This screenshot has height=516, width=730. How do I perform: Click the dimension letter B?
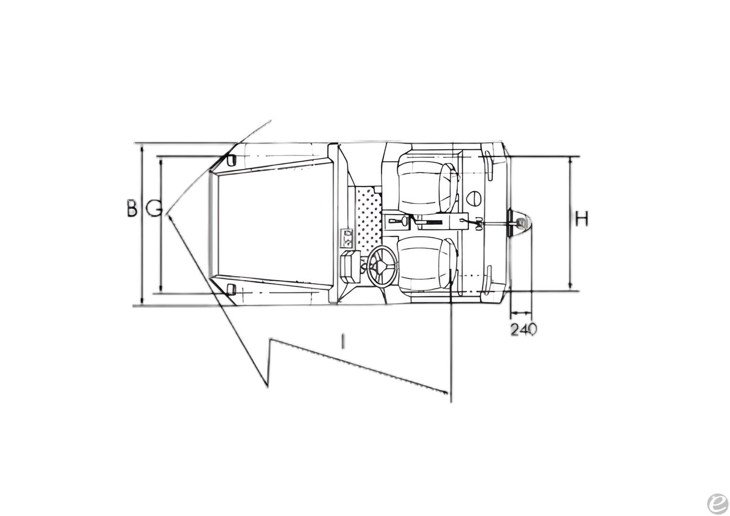coord(132,209)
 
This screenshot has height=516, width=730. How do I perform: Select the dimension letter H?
coord(581,219)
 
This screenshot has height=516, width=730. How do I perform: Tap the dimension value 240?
coord(524,329)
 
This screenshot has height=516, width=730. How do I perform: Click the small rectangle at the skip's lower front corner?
coord(231,288)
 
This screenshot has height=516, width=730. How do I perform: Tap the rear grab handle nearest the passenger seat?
coord(490,165)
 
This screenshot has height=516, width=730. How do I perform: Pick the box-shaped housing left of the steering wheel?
coord(350,266)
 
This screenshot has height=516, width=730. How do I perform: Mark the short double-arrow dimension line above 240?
coord(521,313)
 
